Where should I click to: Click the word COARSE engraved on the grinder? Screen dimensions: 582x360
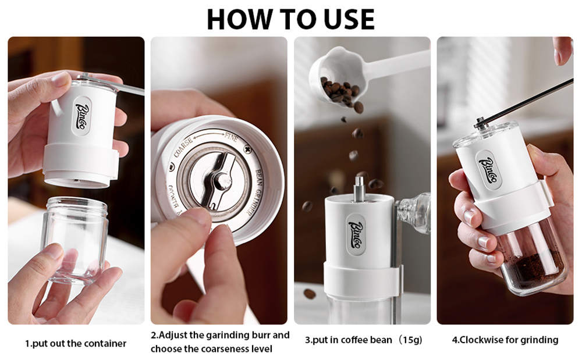point(184,147)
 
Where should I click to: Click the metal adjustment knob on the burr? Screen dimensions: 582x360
point(222,180)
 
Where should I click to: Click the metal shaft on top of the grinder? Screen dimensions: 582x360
point(359,189)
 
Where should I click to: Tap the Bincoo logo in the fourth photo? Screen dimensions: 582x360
point(489,169)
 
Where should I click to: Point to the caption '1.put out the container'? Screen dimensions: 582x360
point(76,344)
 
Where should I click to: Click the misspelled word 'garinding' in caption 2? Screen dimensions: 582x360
point(228,336)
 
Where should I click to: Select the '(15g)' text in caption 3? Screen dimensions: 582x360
point(409,340)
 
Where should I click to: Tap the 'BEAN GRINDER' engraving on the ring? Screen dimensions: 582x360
point(254,192)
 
